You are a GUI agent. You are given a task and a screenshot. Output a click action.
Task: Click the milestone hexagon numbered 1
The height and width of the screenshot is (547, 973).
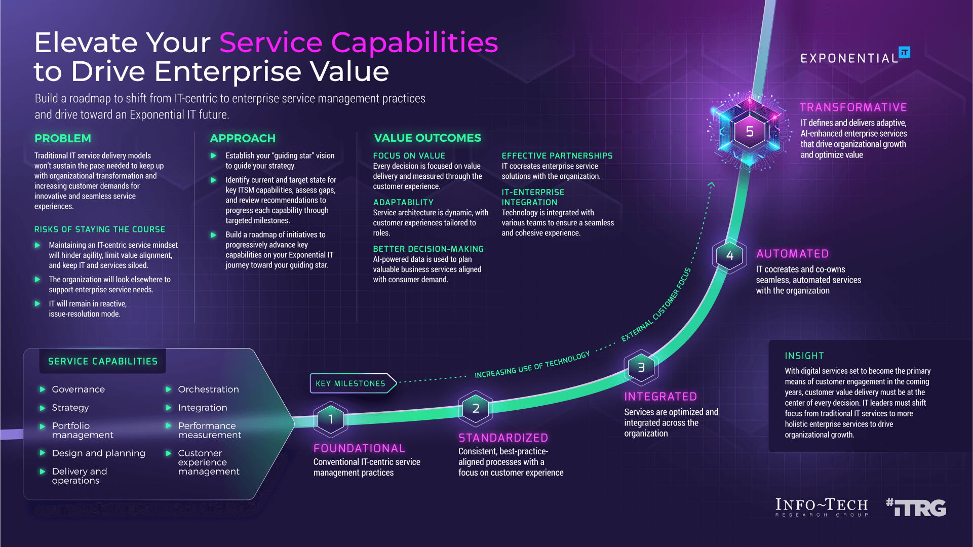tap(331, 419)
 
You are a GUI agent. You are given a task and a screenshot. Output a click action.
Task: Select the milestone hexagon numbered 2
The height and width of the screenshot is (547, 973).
tap(476, 408)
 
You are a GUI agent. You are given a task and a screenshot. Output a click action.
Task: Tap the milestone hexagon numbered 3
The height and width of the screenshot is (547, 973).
tap(641, 367)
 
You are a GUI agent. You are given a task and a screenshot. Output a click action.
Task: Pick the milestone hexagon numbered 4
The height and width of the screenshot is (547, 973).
tap(729, 255)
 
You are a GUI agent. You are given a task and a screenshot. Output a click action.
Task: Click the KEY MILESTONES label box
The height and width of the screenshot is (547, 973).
tap(351, 383)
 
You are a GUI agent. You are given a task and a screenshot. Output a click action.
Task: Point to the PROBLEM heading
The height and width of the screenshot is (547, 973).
tap(63, 138)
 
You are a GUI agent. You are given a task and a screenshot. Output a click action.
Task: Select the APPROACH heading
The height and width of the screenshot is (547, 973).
tap(243, 138)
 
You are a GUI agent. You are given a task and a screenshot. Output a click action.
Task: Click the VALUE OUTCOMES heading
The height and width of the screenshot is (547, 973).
tap(427, 138)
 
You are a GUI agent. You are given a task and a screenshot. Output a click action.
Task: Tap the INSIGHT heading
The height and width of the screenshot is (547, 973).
tap(804, 356)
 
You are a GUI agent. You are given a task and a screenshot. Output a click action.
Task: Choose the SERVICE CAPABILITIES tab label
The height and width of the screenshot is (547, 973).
tap(103, 361)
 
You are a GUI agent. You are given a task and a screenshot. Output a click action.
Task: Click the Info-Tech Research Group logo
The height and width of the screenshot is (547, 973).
tap(822, 507)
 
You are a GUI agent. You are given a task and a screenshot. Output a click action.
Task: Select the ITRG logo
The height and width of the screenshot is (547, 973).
tap(916, 507)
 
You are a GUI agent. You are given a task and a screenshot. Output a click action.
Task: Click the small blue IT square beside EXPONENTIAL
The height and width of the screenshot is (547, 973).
tap(904, 52)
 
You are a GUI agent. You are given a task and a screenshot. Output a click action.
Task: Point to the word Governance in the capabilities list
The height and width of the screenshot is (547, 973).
tap(79, 389)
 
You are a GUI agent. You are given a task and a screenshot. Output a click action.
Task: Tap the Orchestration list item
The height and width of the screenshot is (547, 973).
tap(208, 389)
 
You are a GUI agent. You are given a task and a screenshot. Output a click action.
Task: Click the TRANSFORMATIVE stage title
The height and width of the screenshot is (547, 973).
tap(853, 107)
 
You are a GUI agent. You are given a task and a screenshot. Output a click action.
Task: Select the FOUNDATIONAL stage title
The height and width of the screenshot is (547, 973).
tap(359, 448)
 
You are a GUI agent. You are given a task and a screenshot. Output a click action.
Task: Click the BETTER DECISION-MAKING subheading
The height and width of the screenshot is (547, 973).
tap(429, 249)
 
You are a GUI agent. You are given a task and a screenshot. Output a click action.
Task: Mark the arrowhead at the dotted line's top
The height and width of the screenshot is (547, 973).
tap(712, 184)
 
